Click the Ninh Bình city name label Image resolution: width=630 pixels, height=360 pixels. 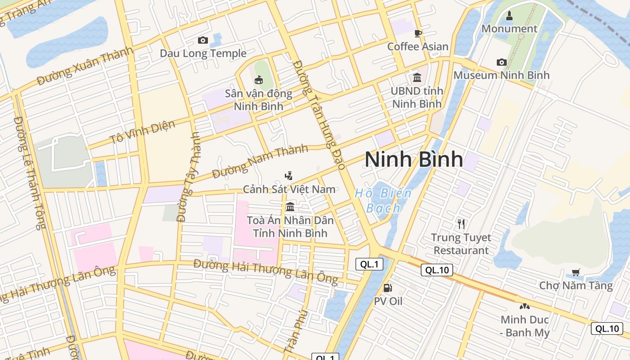point(414,159)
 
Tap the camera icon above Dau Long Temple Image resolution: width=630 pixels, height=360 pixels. point(203,40)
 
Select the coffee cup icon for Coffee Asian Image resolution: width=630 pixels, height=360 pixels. point(418,33)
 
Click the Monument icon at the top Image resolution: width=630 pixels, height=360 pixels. point(509,16)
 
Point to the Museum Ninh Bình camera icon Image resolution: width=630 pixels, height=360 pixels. point(501,62)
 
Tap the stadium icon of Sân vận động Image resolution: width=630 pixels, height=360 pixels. point(259,81)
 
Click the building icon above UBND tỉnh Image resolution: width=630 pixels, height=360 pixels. point(417,78)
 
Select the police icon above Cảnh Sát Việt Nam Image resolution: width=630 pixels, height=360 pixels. point(289,176)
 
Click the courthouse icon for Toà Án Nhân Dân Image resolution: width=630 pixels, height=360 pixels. point(290,207)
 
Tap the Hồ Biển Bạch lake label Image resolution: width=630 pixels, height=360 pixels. point(383,201)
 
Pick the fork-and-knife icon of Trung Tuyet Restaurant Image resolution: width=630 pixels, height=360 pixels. point(461,224)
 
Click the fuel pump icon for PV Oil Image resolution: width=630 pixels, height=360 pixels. point(387,288)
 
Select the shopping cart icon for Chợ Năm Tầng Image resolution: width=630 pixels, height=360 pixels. point(576,272)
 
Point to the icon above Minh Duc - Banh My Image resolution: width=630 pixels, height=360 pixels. point(524,306)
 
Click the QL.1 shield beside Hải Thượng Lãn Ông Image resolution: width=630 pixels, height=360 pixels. point(369,264)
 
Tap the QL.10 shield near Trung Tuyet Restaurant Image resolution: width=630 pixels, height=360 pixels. point(436,270)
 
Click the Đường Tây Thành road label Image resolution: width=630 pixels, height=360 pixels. point(189,176)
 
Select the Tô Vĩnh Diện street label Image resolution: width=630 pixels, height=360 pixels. point(142,131)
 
